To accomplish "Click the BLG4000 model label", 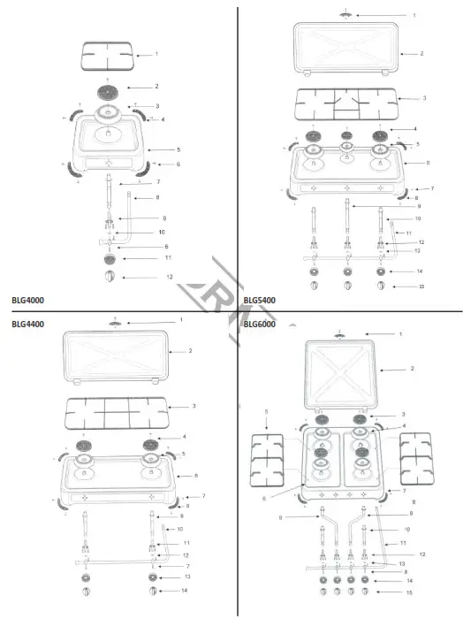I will point(28,300).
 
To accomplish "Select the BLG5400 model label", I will point(259,300).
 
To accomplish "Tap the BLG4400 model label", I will point(28,324).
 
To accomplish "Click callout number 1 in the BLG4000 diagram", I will point(156,54).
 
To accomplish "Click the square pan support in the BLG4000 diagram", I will point(108,57).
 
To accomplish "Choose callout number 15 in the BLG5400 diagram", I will point(422,287).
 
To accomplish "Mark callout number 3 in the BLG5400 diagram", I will point(424,98).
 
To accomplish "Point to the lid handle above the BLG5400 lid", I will point(345,15).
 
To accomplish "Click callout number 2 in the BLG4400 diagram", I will point(190,351).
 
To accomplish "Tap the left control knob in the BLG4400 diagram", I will point(86,589).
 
